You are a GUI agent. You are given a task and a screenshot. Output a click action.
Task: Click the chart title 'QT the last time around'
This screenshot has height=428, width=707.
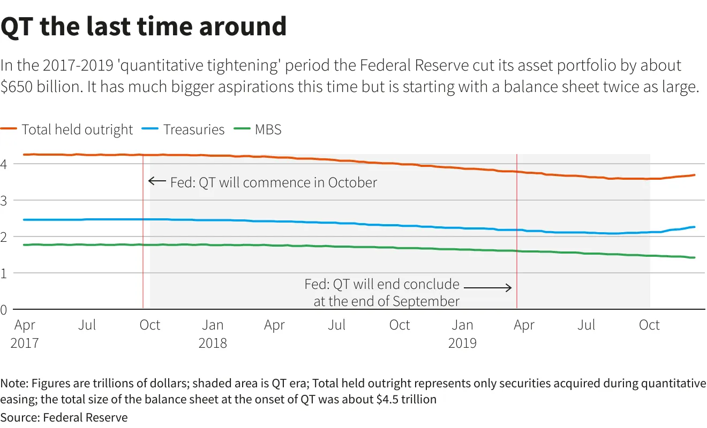pos(144,27)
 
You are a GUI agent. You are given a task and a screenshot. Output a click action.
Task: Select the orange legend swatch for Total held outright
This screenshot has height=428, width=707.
pos(9,128)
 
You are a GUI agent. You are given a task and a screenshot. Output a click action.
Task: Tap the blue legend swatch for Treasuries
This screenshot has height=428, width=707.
pos(150,128)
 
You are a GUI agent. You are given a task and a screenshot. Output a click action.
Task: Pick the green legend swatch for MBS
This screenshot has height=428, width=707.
pos(242,128)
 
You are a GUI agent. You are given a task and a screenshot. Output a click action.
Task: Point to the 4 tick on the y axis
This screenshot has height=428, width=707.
pos(3,164)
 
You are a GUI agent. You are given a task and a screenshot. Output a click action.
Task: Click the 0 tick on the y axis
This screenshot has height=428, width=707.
pos(3,310)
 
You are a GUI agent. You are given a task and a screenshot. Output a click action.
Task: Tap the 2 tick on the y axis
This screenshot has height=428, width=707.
pos(3,237)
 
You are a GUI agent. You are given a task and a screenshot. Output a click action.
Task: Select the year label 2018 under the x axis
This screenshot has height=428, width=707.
pos(213,343)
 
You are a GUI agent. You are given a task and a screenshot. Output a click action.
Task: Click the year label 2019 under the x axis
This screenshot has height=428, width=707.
pos(462,343)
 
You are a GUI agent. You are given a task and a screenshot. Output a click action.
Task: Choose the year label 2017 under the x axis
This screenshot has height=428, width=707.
pos(24,343)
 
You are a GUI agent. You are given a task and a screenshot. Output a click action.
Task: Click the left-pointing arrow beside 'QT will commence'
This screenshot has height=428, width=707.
pos(157,181)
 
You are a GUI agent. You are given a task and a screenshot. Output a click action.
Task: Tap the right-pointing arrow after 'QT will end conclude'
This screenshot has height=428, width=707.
pos(487,287)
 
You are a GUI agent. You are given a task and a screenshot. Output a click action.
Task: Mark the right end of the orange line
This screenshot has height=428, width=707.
pos(694,175)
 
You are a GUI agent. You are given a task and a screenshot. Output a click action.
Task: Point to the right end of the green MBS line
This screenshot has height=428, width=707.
pos(694,257)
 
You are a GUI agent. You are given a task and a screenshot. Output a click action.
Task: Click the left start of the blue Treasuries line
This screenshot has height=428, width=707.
pos(24,220)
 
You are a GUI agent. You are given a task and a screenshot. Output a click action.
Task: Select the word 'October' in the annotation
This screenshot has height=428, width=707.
pos(352,182)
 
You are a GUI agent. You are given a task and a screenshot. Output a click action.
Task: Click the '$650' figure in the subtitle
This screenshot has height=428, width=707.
pos(17,87)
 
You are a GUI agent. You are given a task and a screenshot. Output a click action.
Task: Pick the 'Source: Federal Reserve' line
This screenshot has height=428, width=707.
pos(64,417)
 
